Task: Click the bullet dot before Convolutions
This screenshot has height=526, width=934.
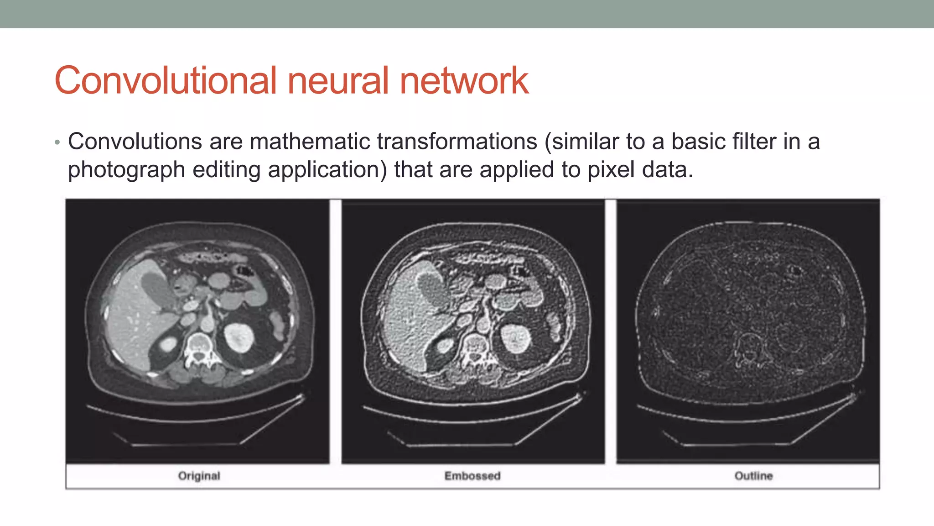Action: point(57,143)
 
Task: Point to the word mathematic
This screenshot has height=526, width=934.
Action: point(310,142)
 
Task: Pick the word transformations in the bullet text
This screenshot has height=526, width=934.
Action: point(457,142)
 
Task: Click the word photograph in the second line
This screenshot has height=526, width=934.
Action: point(126,170)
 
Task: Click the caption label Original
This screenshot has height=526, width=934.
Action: point(199,476)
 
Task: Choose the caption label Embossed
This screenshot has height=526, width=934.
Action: point(472,476)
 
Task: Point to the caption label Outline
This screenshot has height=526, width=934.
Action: point(753,476)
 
